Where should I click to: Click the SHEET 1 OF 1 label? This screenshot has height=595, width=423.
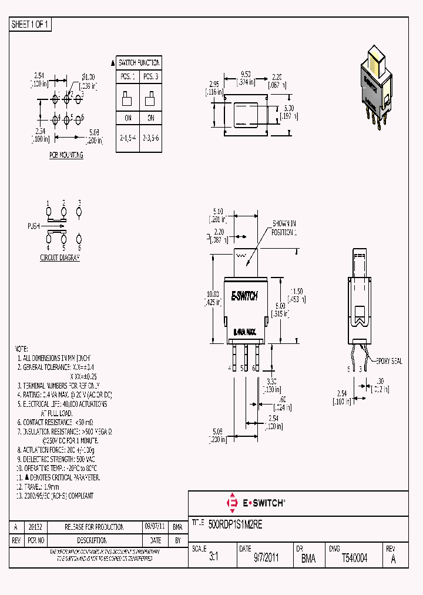[x=31, y=24]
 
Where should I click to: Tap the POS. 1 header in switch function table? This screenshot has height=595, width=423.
[x=127, y=76]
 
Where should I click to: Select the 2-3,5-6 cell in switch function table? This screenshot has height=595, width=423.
[x=150, y=138]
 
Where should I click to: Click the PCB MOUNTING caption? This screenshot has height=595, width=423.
[x=66, y=155]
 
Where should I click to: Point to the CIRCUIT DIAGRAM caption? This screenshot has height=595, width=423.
[x=59, y=258]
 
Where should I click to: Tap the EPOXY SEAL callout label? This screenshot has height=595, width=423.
[x=388, y=361]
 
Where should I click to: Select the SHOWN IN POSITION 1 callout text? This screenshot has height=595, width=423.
[x=284, y=228]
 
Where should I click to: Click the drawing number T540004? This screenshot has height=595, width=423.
[x=354, y=558]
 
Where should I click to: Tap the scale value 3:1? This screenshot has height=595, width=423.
[x=213, y=559]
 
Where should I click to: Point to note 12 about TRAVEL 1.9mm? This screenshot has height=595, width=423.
[x=38, y=487]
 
